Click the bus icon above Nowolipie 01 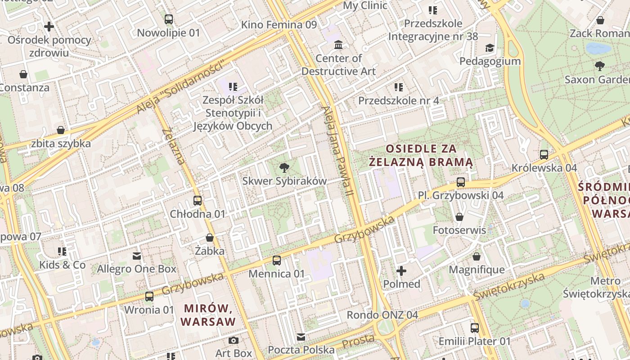click(x=169, y=19)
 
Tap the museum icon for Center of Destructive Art click(x=338, y=45)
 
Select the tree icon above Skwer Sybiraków click(x=284, y=168)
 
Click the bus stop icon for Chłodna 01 click(x=198, y=201)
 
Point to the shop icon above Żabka click(x=210, y=238)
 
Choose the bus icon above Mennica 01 click(x=277, y=261)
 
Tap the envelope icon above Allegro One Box click(x=137, y=256)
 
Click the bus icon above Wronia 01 click(x=149, y=297)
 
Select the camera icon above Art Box click(x=233, y=340)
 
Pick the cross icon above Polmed click(x=401, y=271)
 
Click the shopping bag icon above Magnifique click(x=477, y=257)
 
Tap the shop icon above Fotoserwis click(x=459, y=217)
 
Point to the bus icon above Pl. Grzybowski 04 click(x=461, y=182)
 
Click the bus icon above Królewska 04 click(x=544, y=155)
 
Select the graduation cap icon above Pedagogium click(x=490, y=48)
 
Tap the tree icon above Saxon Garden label click(x=599, y=66)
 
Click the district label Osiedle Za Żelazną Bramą click(x=421, y=155)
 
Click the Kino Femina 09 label click(x=279, y=25)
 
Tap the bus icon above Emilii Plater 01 click(x=475, y=328)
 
